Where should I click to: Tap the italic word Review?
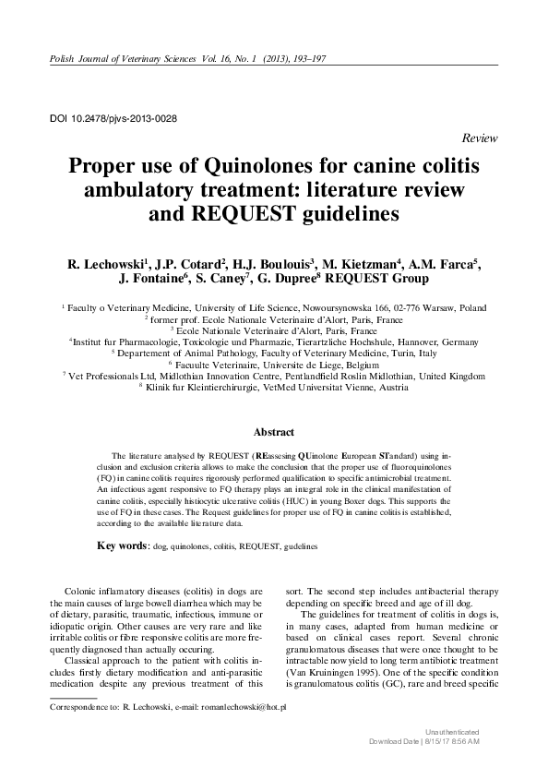click(479, 138)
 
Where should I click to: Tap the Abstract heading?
click(274, 431)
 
